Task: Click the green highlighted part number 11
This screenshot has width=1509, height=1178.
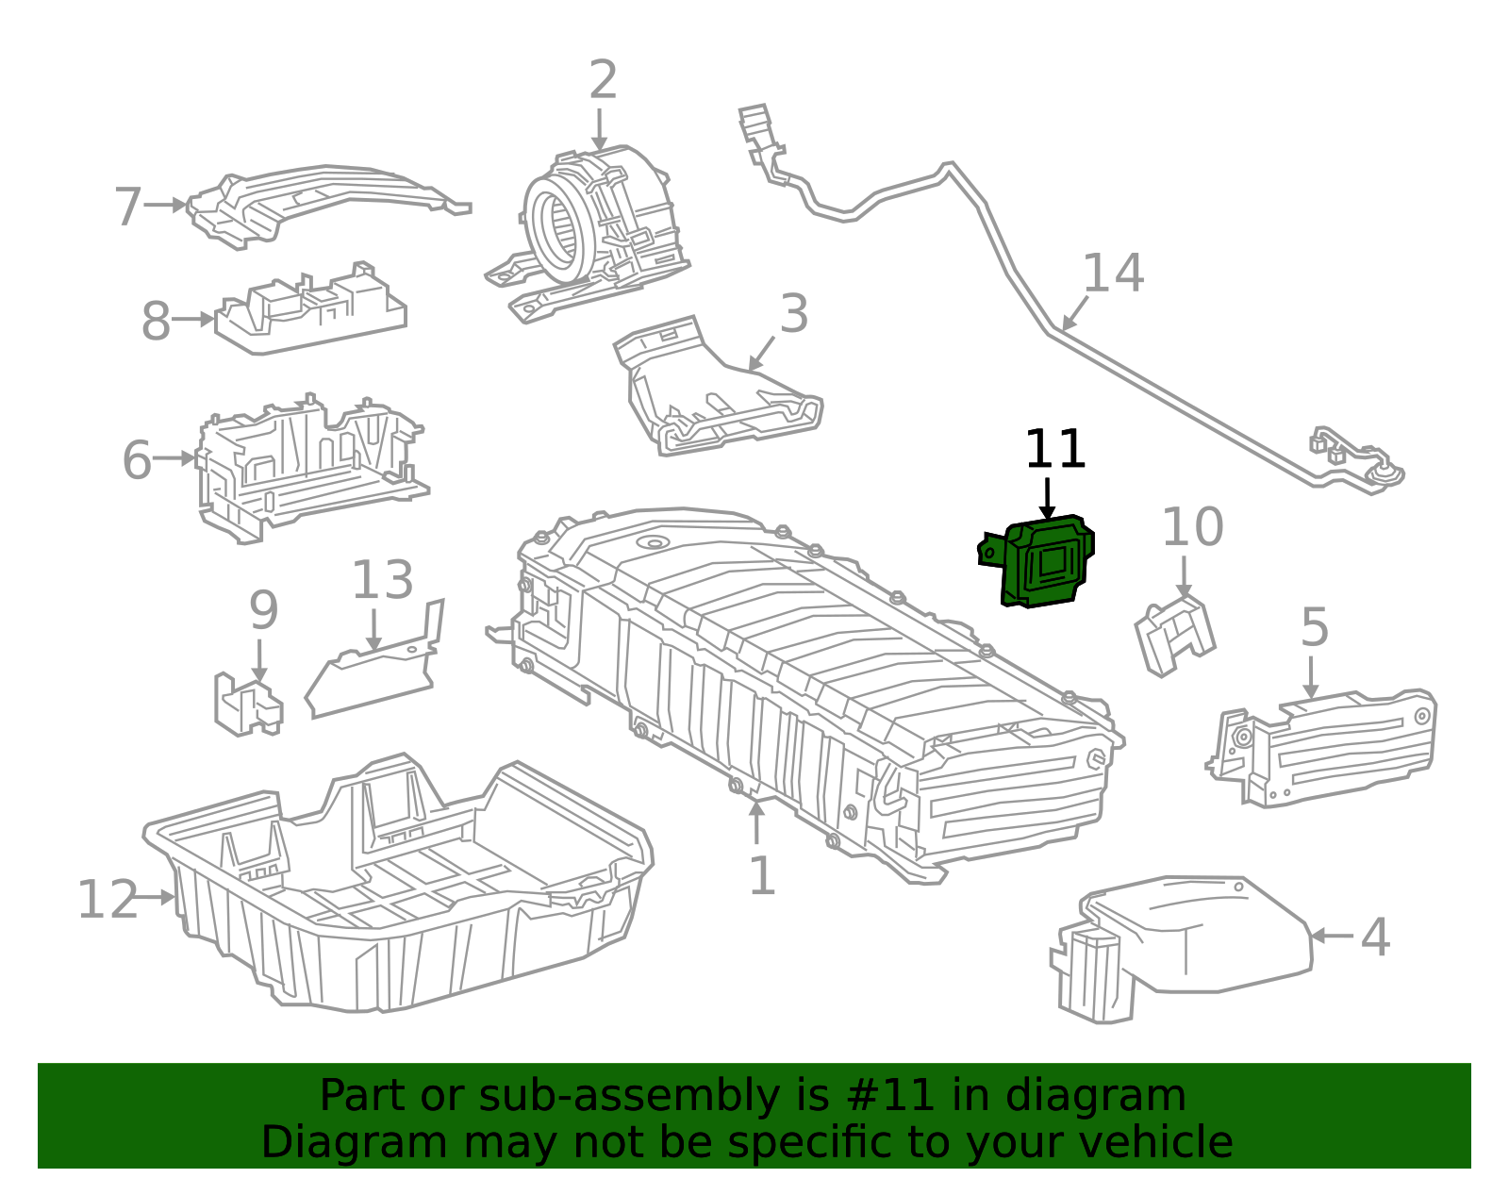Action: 1042,562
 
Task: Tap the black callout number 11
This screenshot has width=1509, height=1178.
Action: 1055,450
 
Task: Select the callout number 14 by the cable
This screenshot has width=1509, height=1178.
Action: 1113,274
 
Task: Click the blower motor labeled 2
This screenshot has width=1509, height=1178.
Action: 594,222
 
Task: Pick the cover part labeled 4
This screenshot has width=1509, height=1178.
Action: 1198,938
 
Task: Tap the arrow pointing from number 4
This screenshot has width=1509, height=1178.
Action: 1330,936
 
